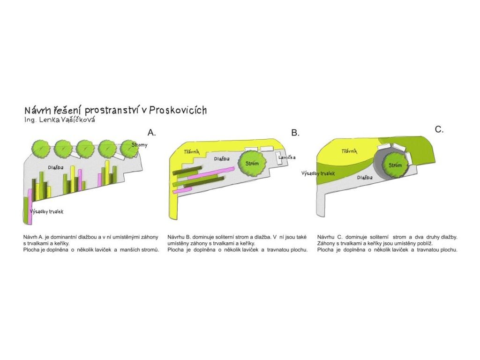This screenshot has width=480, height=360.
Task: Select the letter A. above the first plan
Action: [x=151, y=132]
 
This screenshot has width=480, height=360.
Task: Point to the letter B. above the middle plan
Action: [x=295, y=133]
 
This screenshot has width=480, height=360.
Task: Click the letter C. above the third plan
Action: [x=439, y=129]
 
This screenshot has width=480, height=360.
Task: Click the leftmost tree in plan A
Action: [x=41, y=149]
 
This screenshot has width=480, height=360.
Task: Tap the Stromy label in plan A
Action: [x=140, y=145]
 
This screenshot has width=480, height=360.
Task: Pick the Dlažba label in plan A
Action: [x=56, y=167]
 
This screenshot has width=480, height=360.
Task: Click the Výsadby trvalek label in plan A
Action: [x=46, y=212]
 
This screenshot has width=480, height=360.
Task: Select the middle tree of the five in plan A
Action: [x=85, y=149]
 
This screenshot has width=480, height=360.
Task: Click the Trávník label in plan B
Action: [x=192, y=151]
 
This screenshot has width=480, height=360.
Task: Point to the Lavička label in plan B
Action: [x=286, y=157]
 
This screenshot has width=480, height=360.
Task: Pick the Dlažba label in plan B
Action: [x=222, y=159]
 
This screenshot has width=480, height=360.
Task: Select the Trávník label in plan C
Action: [x=349, y=151]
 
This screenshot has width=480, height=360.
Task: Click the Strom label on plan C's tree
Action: [x=395, y=165]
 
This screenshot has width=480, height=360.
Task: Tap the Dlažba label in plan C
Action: [x=365, y=178]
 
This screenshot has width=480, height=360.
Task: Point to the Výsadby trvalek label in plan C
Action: [x=318, y=173]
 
